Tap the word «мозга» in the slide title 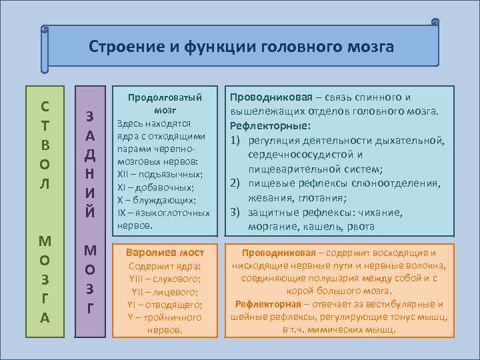(x=367, y=47)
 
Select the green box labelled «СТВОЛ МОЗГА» (x=44, y=207)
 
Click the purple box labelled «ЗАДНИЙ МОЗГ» (x=91, y=207)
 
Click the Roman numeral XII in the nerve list (x=123, y=175)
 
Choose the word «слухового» (x=175, y=279)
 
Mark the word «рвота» (x=360, y=227)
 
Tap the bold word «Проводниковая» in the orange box (x=279, y=253)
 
